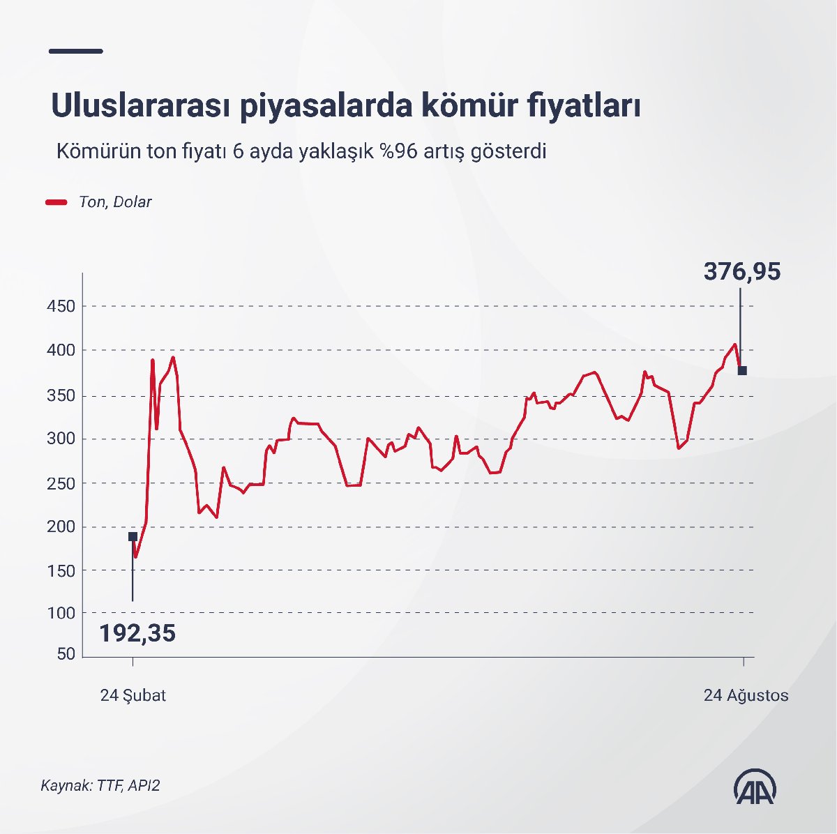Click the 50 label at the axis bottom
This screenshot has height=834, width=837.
tap(66, 654)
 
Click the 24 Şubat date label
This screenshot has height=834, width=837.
tap(133, 695)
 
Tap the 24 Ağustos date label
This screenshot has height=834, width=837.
tap(746, 695)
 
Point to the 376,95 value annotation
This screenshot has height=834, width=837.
tap(741, 271)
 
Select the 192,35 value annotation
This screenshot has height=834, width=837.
tap(137, 633)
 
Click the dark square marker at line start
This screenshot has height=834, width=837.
tap(133, 536)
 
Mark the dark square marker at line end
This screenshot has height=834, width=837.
tap(742, 370)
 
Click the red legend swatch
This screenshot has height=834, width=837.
tap(56, 202)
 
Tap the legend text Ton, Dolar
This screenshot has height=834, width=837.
tap(115, 202)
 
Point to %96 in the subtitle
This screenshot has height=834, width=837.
tap(397, 151)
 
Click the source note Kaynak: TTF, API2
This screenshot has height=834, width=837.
tap(100, 785)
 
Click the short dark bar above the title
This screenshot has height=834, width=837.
tap(77, 51)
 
